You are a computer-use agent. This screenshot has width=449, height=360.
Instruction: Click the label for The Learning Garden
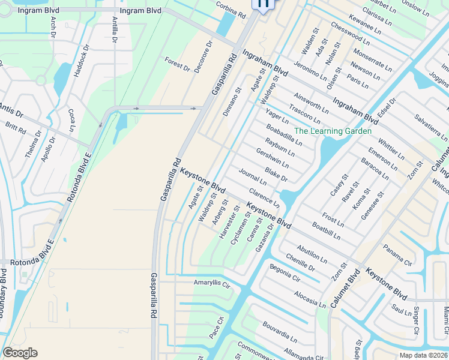333,131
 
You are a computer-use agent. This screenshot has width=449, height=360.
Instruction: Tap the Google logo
20,353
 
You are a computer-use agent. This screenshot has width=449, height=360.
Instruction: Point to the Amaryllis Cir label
212,283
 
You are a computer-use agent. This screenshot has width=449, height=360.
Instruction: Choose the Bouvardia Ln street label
280,332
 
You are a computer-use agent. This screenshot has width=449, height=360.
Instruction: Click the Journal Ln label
252,177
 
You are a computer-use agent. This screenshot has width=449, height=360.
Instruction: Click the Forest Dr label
178,65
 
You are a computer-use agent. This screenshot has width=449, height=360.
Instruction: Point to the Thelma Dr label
31,147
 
